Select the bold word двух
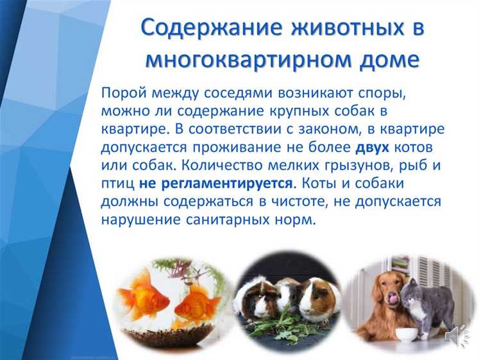(x=373, y=146)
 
